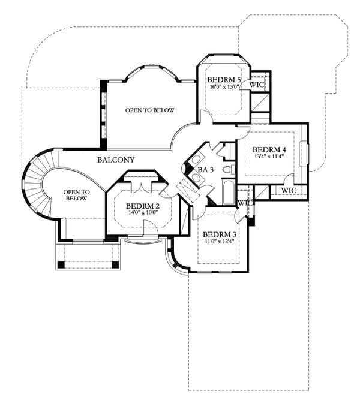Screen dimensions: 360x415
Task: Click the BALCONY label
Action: (x=116, y=160)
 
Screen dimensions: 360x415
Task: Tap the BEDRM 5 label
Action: (x=224, y=79)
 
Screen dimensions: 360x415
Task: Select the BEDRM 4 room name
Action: (x=269, y=149)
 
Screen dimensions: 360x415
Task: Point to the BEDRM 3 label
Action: (x=220, y=234)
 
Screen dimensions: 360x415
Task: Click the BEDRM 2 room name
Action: (x=143, y=206)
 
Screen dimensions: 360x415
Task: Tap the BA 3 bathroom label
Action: (x=206, y=170)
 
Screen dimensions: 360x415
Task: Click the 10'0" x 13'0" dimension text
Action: (x=224, y=86)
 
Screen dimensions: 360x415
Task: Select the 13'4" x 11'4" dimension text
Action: (x=269, y=156)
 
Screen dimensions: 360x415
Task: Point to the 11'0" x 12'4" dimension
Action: (x=220, y=241)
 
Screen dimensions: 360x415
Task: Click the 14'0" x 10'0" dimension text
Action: (x=143, y=212)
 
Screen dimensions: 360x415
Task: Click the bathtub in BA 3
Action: (x=229, y=193)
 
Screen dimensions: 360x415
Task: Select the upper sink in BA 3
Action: (x=196, y=160)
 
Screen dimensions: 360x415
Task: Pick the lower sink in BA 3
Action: (x=196, y=177)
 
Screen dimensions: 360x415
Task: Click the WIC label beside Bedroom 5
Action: (x=257, y=85)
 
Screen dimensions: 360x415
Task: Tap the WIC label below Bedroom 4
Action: (x=289, y=190)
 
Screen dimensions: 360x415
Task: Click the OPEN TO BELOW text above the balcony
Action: (x=150, y=110)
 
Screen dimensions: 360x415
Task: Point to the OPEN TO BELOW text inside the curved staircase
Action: (x=76, y=195)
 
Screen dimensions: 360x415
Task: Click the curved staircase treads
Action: (x=36, y=183)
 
